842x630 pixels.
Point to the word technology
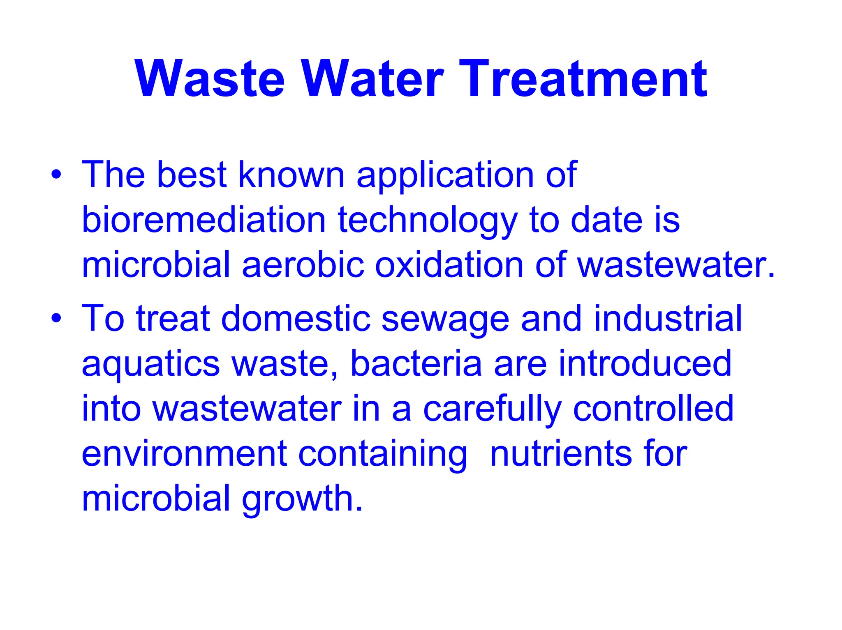point(428,221)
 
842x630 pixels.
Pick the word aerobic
point(303,265)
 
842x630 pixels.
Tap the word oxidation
point(449,265)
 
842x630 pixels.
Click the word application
point(445,176)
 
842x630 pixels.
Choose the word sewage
point(445,320)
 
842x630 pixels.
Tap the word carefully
point(492,409)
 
